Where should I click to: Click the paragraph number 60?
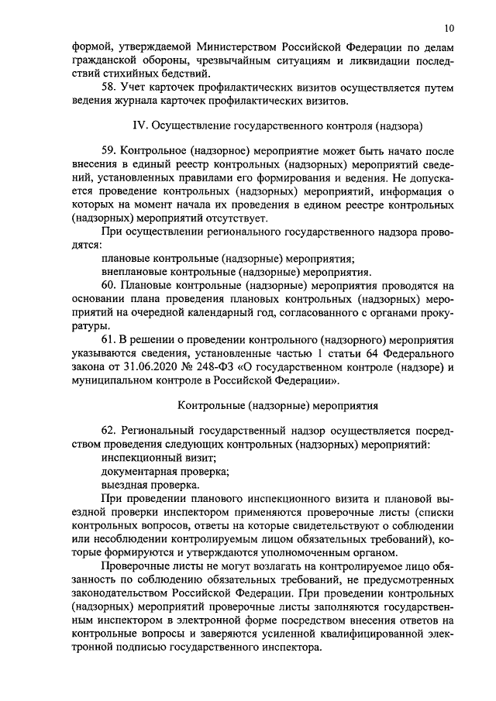pos(109,286)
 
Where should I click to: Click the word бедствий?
pos(180,74)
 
